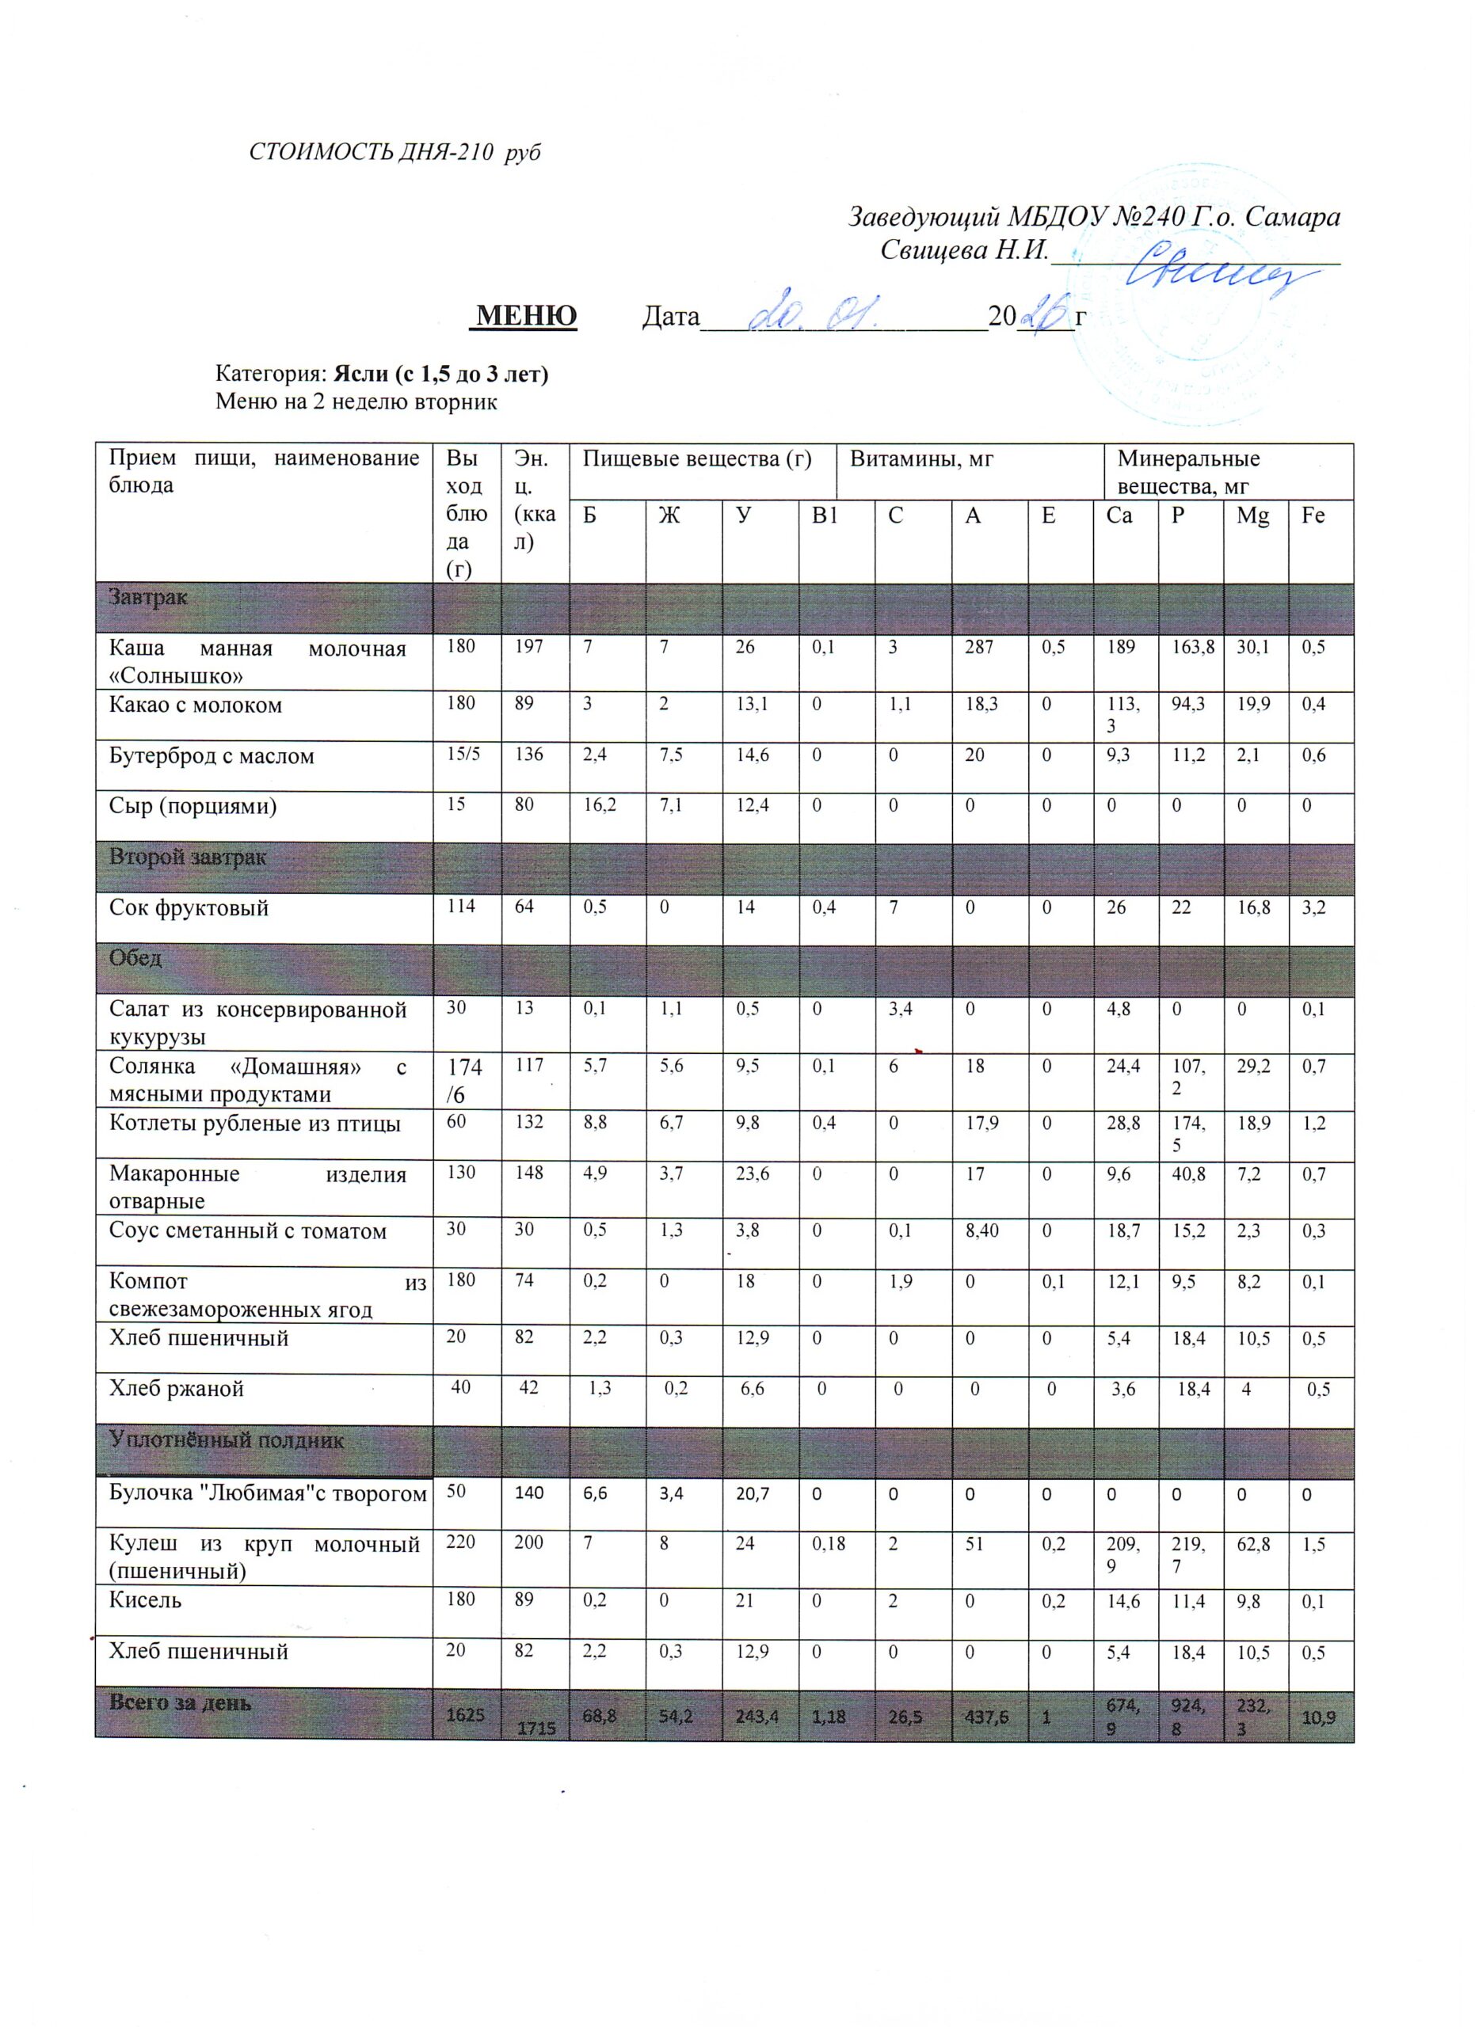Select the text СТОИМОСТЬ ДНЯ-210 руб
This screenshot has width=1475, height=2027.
click(394, 153)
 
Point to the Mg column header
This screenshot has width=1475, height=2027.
click(1253, 515)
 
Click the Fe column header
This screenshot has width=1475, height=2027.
click(1313, 515)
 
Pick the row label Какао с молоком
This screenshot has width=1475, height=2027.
click(195, 705)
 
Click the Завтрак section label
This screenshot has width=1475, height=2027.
click(147, 597)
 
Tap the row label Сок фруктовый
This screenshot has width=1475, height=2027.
click(189, 909)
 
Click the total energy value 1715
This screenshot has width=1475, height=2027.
click(534, 1729)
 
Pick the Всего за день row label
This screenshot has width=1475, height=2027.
click(180, 1702)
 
